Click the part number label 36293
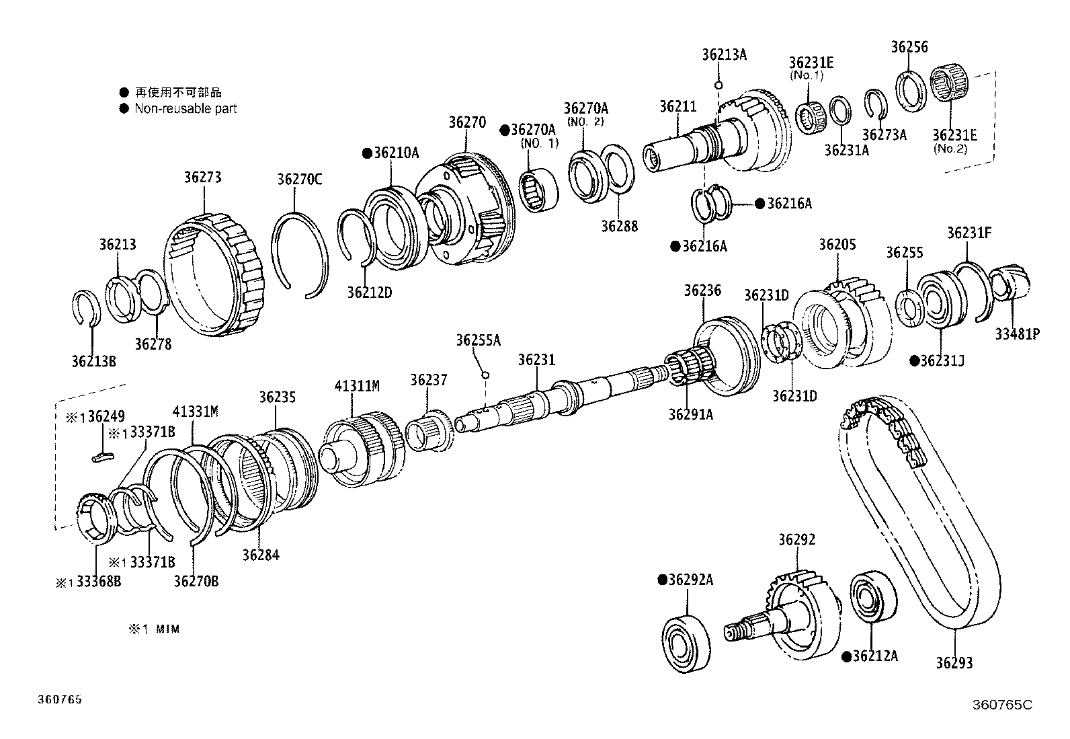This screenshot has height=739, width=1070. click(954, 663)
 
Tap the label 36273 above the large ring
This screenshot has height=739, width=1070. click(203, 178)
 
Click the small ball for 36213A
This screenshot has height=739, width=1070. click(718, 85)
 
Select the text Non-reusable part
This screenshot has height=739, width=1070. click(186, 108)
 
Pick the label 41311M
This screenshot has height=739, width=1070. click(357, 386)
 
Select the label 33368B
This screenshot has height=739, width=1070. click(98, 582)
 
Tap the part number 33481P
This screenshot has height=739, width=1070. click(1017, 334)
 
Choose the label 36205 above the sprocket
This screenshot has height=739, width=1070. click(837, 245)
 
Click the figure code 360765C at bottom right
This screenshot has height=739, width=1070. click(1001, 705)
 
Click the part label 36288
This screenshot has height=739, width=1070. click(619, 226)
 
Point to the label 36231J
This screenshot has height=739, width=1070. click(942, 361)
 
